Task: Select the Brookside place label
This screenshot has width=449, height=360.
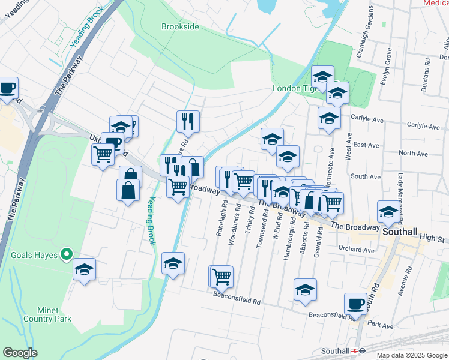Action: pyautogui.click(x=180, y=26)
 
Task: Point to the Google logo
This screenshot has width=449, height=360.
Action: pyautogui.click(x=20, y=352)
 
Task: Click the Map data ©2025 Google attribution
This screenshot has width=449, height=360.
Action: pyautogui.click(x=412, y=355)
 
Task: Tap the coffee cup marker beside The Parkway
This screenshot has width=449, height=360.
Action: pyautogui.click(x=8, y=88)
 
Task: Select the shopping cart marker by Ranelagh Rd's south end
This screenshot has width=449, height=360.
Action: pyautogui.click(x=222, y=276)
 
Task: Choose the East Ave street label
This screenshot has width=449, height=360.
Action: pyautogui.click(x=366, y=145)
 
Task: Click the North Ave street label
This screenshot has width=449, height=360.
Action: pyautogui.click(x=413, y=154)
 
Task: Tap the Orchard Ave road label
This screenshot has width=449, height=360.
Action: pyautogui.click(x=357, y=250)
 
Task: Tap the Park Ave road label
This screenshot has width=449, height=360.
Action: pyautogui.click(x=381, y=325)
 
